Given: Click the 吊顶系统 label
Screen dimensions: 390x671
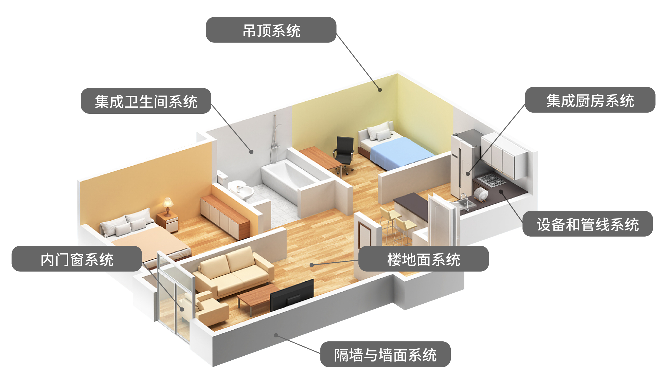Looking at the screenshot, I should pos(271,30).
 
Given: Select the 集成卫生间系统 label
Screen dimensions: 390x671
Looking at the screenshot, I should pos(146,101).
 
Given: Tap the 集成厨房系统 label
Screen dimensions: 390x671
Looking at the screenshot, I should pos(590,100).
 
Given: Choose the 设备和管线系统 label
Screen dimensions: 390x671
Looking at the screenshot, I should pos(587,224).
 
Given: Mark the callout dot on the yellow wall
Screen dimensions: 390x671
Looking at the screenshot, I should pos(379,90).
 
